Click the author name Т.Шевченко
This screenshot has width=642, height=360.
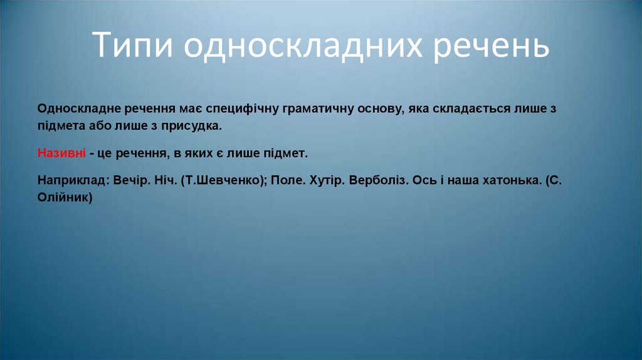(222, 180)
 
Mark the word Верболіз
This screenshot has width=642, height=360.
(379, 180)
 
